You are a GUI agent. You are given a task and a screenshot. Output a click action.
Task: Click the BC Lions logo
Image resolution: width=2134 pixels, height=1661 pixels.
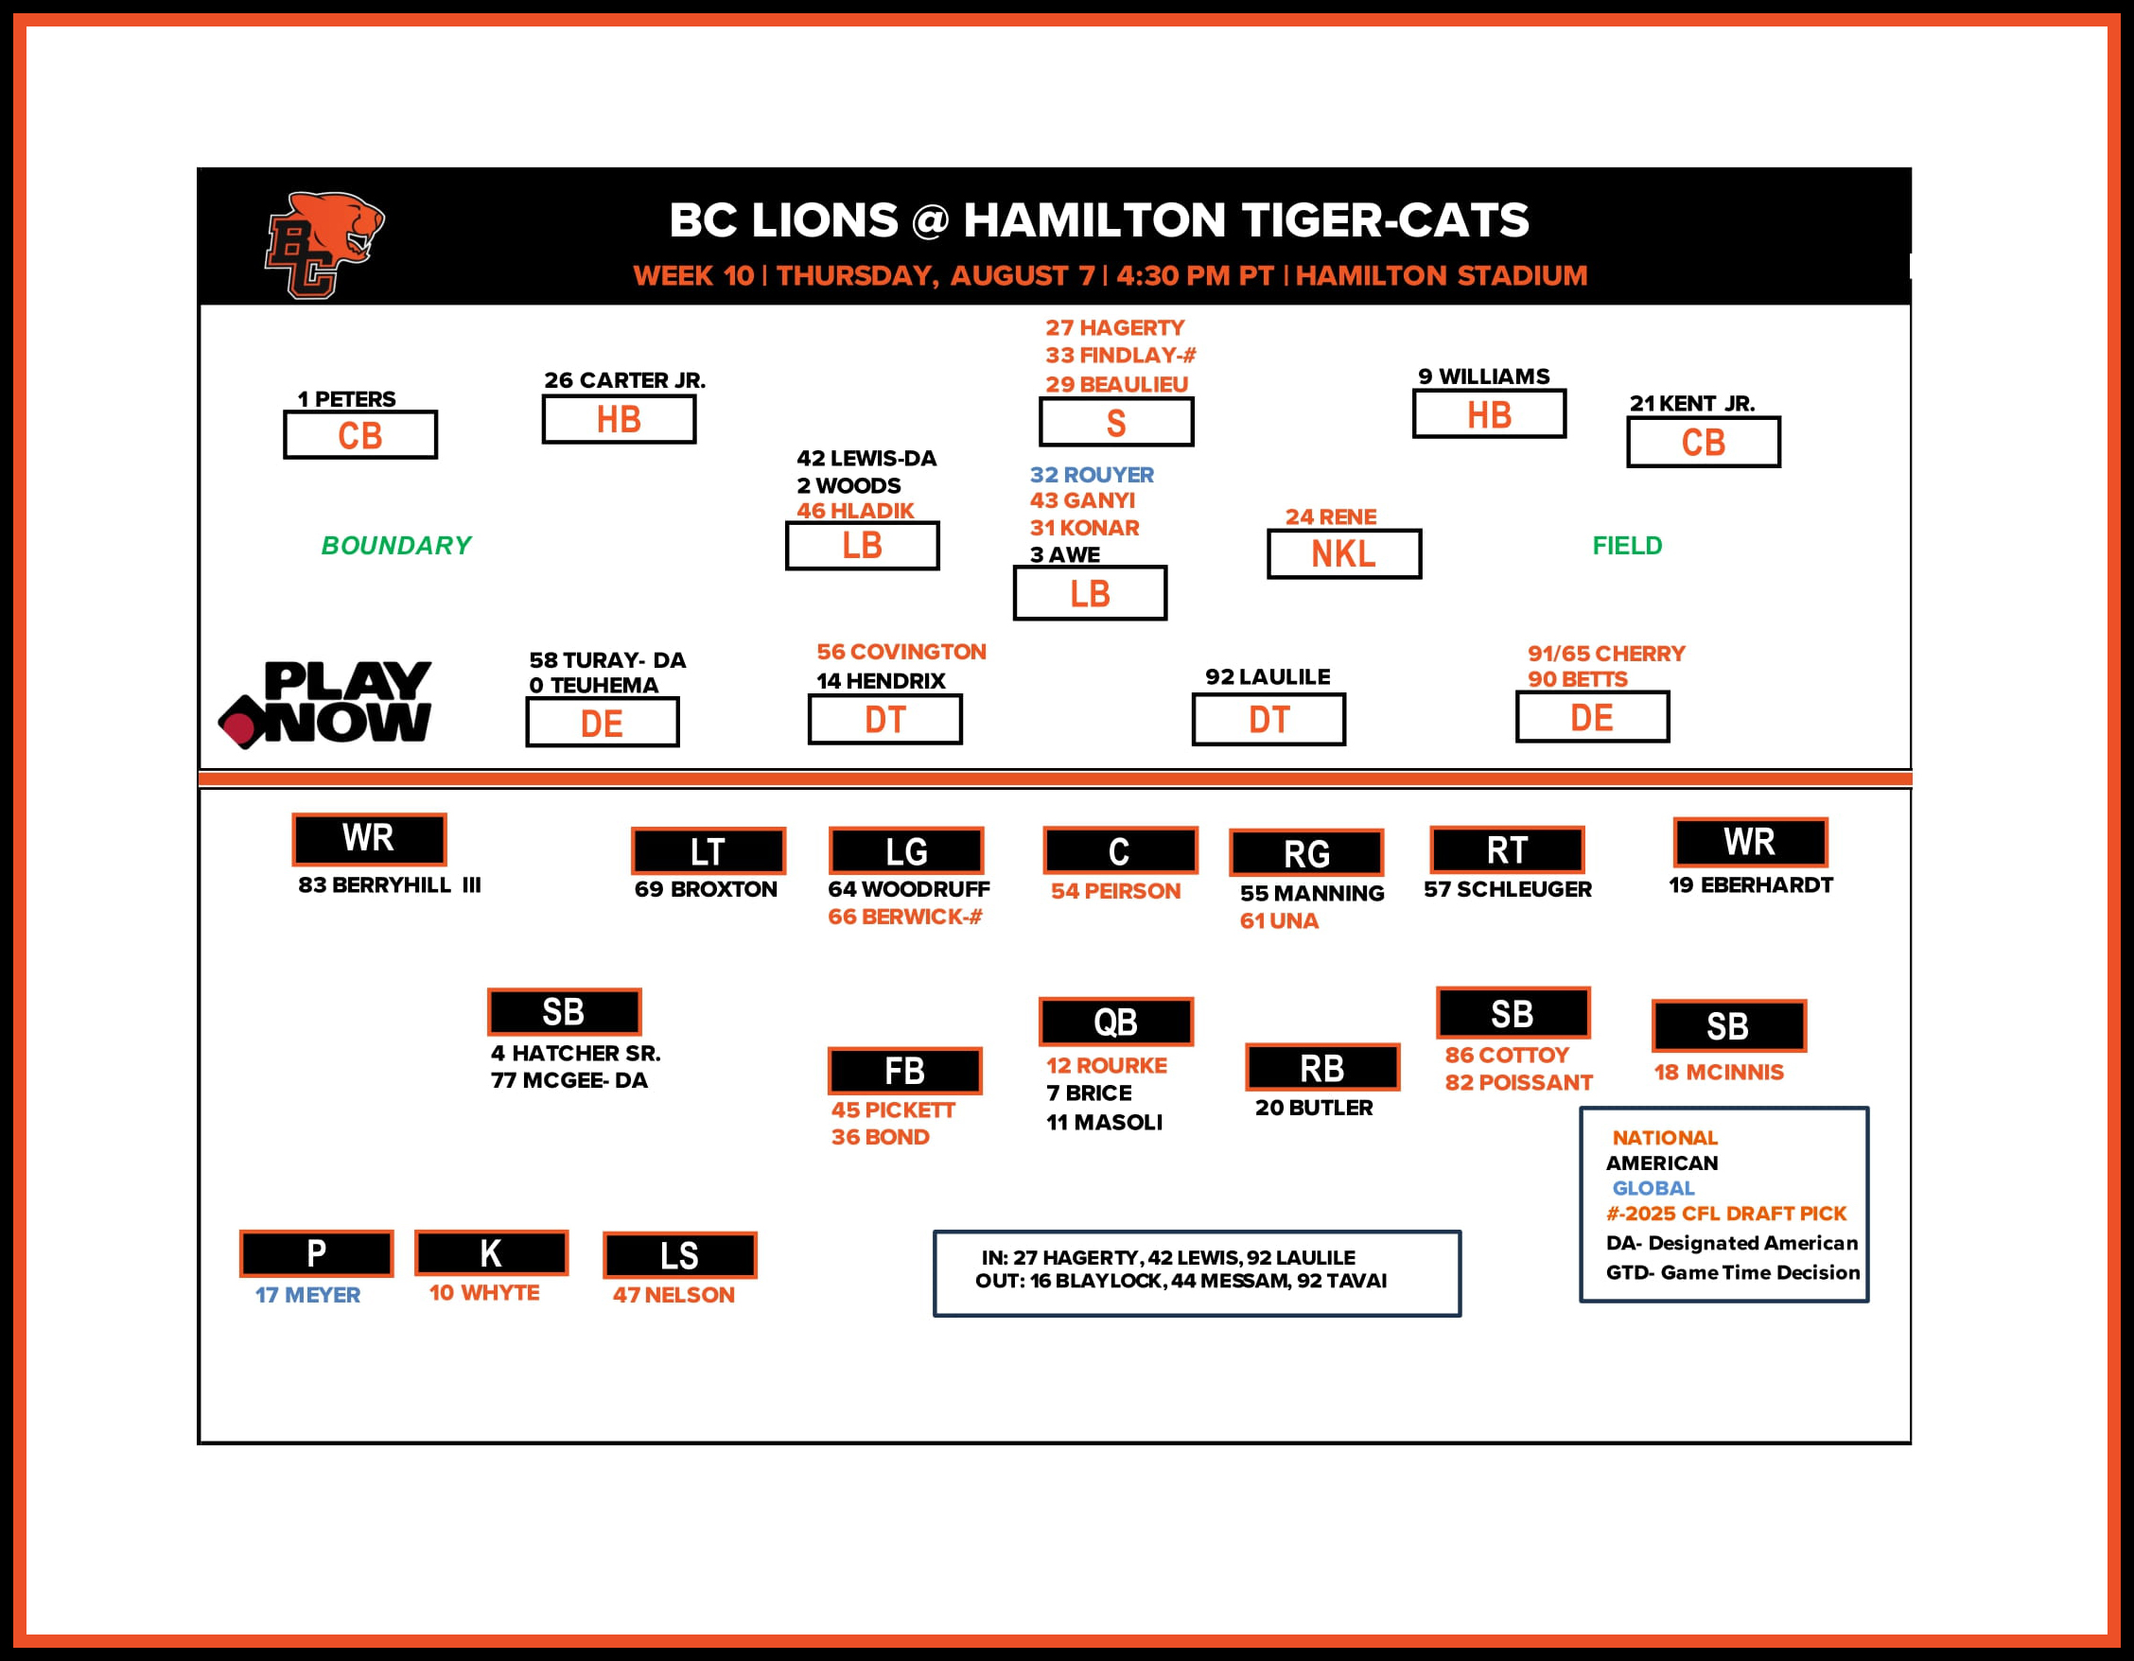click(324, 244)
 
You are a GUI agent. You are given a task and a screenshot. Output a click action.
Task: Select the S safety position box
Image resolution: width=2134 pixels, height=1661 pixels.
click(1116, 422)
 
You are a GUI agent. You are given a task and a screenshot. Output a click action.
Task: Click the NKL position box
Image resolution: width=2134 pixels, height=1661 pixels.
click(1343, 554)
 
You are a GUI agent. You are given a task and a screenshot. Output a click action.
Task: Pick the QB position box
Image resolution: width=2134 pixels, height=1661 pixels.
click(1116, 1022)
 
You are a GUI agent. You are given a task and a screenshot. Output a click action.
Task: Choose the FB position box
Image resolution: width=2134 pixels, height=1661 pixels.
click(905, 1071)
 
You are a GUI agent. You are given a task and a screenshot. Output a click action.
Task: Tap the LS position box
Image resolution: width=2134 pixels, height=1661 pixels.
click(679, 1255)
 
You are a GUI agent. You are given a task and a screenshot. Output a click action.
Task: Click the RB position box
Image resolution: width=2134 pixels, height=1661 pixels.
click(1322, 1068)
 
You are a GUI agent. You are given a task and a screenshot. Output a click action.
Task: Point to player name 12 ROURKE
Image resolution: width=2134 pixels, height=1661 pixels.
click(1106, 1065)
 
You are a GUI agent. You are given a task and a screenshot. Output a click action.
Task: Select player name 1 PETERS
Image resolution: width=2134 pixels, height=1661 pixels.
click(347, 398)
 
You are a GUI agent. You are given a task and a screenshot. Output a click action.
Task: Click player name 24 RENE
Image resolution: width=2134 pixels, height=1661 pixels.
click(1330, 516)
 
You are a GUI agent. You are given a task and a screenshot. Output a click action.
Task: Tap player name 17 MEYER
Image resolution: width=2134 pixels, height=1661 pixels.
click(307, 1295)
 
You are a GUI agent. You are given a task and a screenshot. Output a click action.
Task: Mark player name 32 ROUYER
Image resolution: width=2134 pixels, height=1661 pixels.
click(1092, 474)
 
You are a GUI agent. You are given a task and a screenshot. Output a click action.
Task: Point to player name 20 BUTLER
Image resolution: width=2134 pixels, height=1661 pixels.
click(1313, 1107)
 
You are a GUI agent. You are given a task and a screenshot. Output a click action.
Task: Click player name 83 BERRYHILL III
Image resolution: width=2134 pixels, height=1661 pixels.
click(389, 884)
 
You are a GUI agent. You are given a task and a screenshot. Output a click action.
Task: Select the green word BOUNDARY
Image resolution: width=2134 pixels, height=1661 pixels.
click(395, 545)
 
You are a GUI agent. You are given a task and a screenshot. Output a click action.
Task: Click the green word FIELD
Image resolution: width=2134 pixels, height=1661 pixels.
click(1627, 545)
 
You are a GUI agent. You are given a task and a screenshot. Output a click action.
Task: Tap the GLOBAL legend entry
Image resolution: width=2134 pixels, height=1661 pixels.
click(1653, 1188)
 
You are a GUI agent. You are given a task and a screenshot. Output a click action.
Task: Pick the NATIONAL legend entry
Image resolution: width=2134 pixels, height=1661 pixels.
click(1664, 1137)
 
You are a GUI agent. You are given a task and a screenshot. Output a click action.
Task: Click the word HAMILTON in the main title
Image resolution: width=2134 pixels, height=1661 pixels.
click(1093, 219)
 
